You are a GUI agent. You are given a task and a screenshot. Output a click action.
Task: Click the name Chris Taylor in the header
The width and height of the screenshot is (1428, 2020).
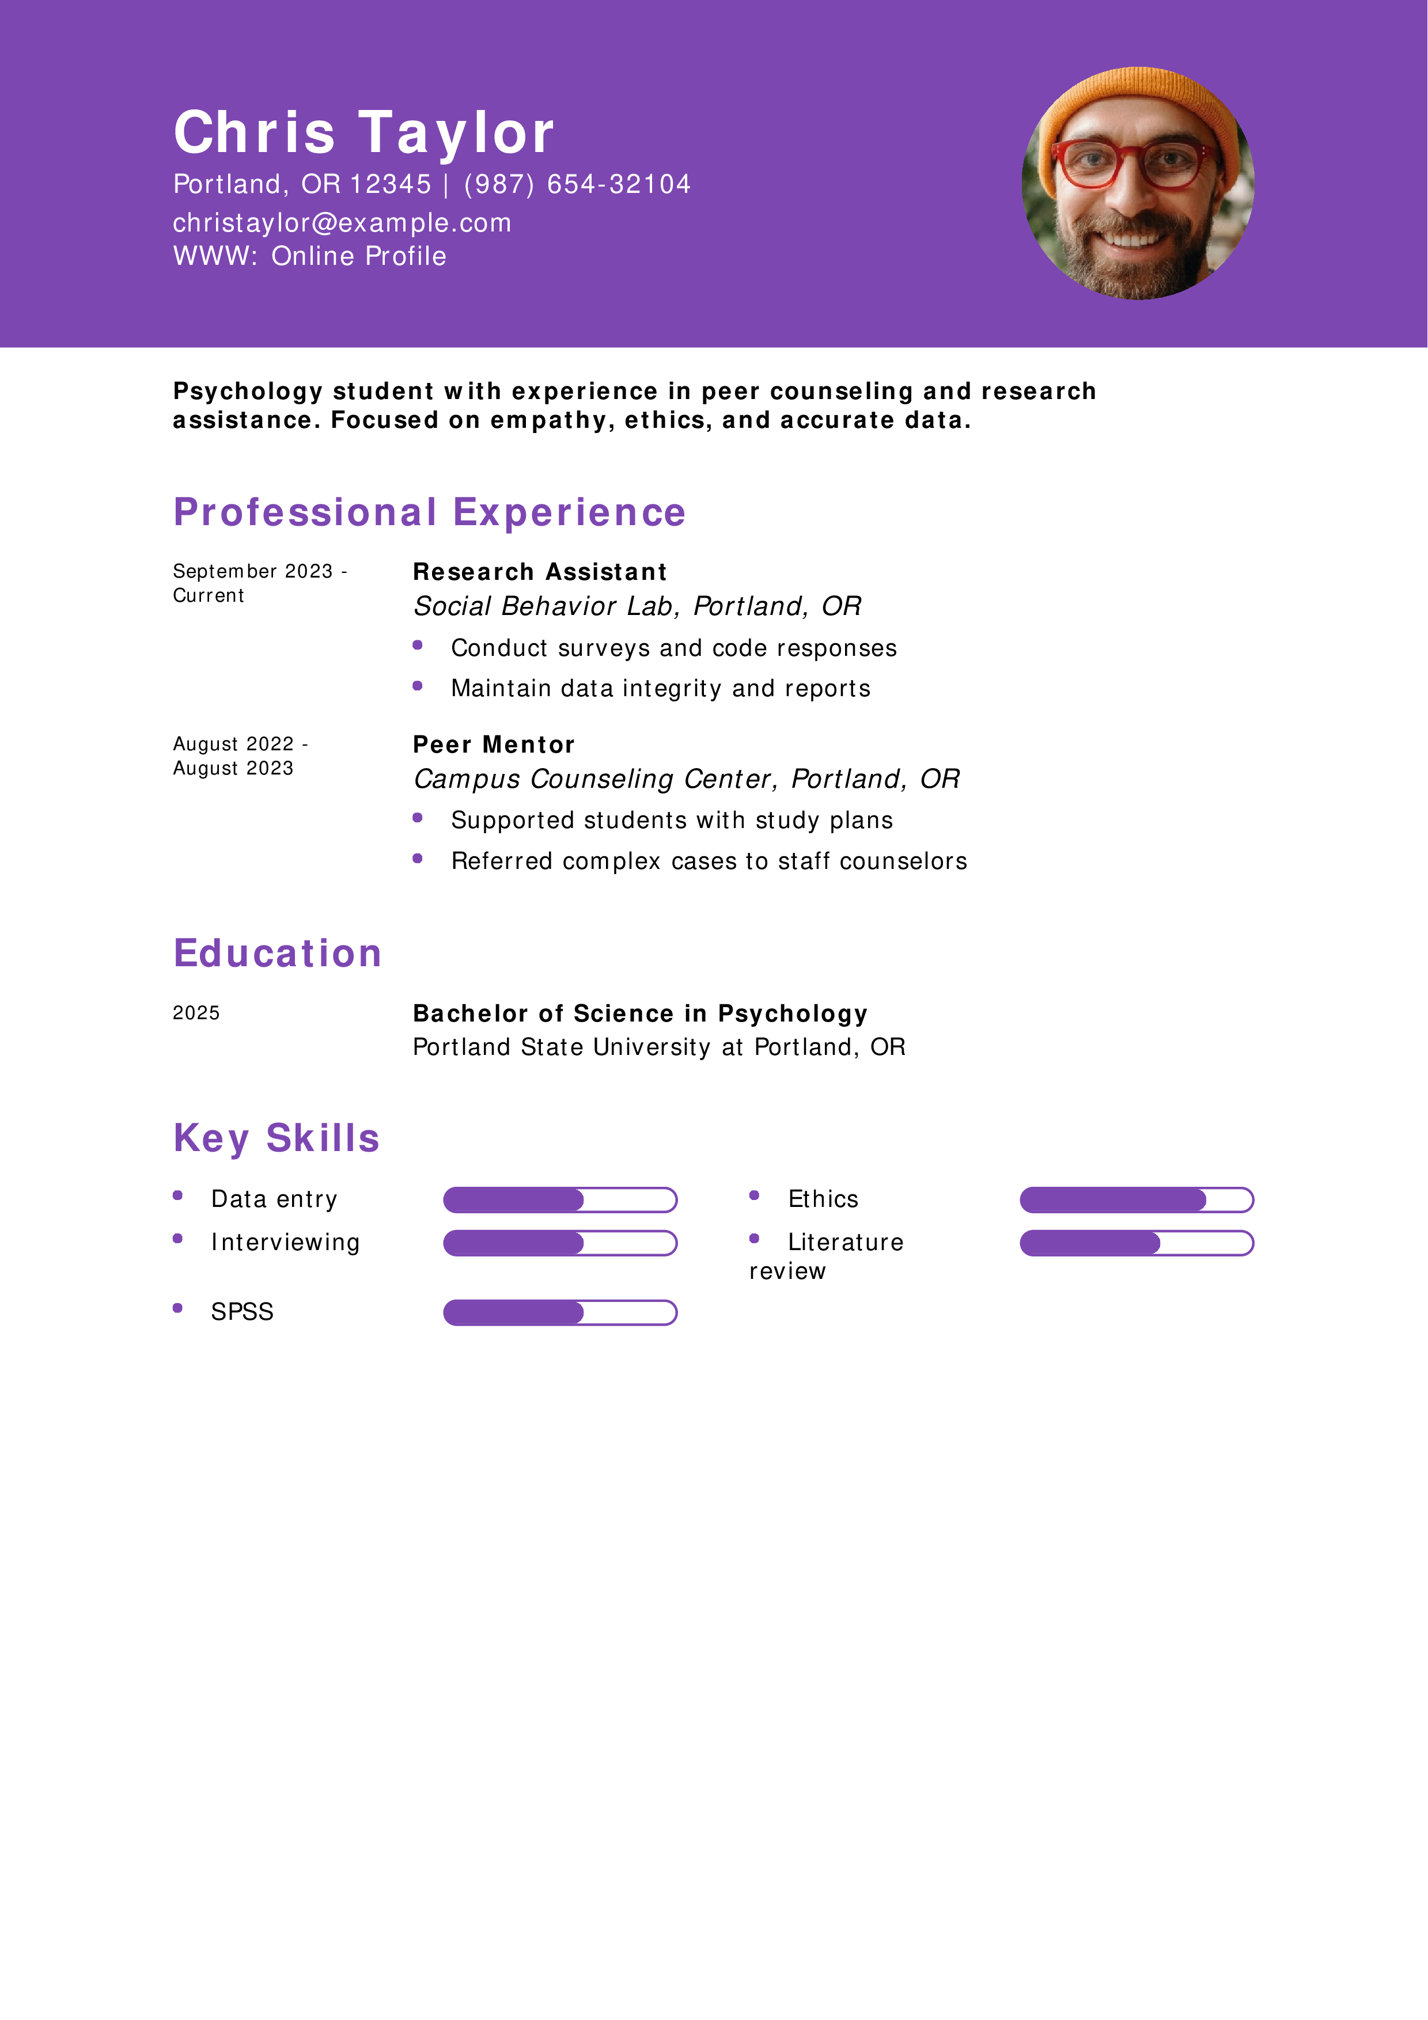(363, 133)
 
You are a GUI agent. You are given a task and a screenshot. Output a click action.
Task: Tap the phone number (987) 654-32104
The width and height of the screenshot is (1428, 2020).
(577, 184)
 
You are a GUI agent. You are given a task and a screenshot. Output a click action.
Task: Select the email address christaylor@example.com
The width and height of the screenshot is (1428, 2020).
(342, 223)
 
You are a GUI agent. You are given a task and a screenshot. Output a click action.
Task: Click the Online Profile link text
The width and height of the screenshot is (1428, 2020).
(358, 256)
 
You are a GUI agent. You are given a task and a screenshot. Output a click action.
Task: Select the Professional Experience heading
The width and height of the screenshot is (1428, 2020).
(429, 512)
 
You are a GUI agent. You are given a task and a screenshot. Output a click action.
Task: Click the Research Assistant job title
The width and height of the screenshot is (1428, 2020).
(539, 572)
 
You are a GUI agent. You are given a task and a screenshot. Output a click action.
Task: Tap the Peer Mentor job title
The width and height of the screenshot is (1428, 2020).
(494, 745)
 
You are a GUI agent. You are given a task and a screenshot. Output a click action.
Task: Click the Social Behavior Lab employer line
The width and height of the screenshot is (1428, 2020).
(637, 606)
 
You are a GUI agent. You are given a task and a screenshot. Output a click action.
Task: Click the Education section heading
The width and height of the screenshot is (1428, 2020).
(277, 953)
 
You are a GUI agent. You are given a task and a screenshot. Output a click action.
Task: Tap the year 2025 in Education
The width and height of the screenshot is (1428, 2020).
(196, 1013)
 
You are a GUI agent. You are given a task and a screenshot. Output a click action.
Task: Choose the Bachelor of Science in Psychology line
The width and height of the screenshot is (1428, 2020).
(639, 1013)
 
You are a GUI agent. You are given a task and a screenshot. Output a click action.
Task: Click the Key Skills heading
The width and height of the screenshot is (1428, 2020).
(276, 1138)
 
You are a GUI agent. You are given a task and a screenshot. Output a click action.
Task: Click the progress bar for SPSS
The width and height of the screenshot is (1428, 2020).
(559, 1313)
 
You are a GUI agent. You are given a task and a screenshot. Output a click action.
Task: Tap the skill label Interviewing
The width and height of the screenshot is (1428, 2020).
(285, 1242)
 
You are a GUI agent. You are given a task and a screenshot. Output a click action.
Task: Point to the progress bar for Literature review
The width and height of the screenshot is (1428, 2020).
(1136, 1243)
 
